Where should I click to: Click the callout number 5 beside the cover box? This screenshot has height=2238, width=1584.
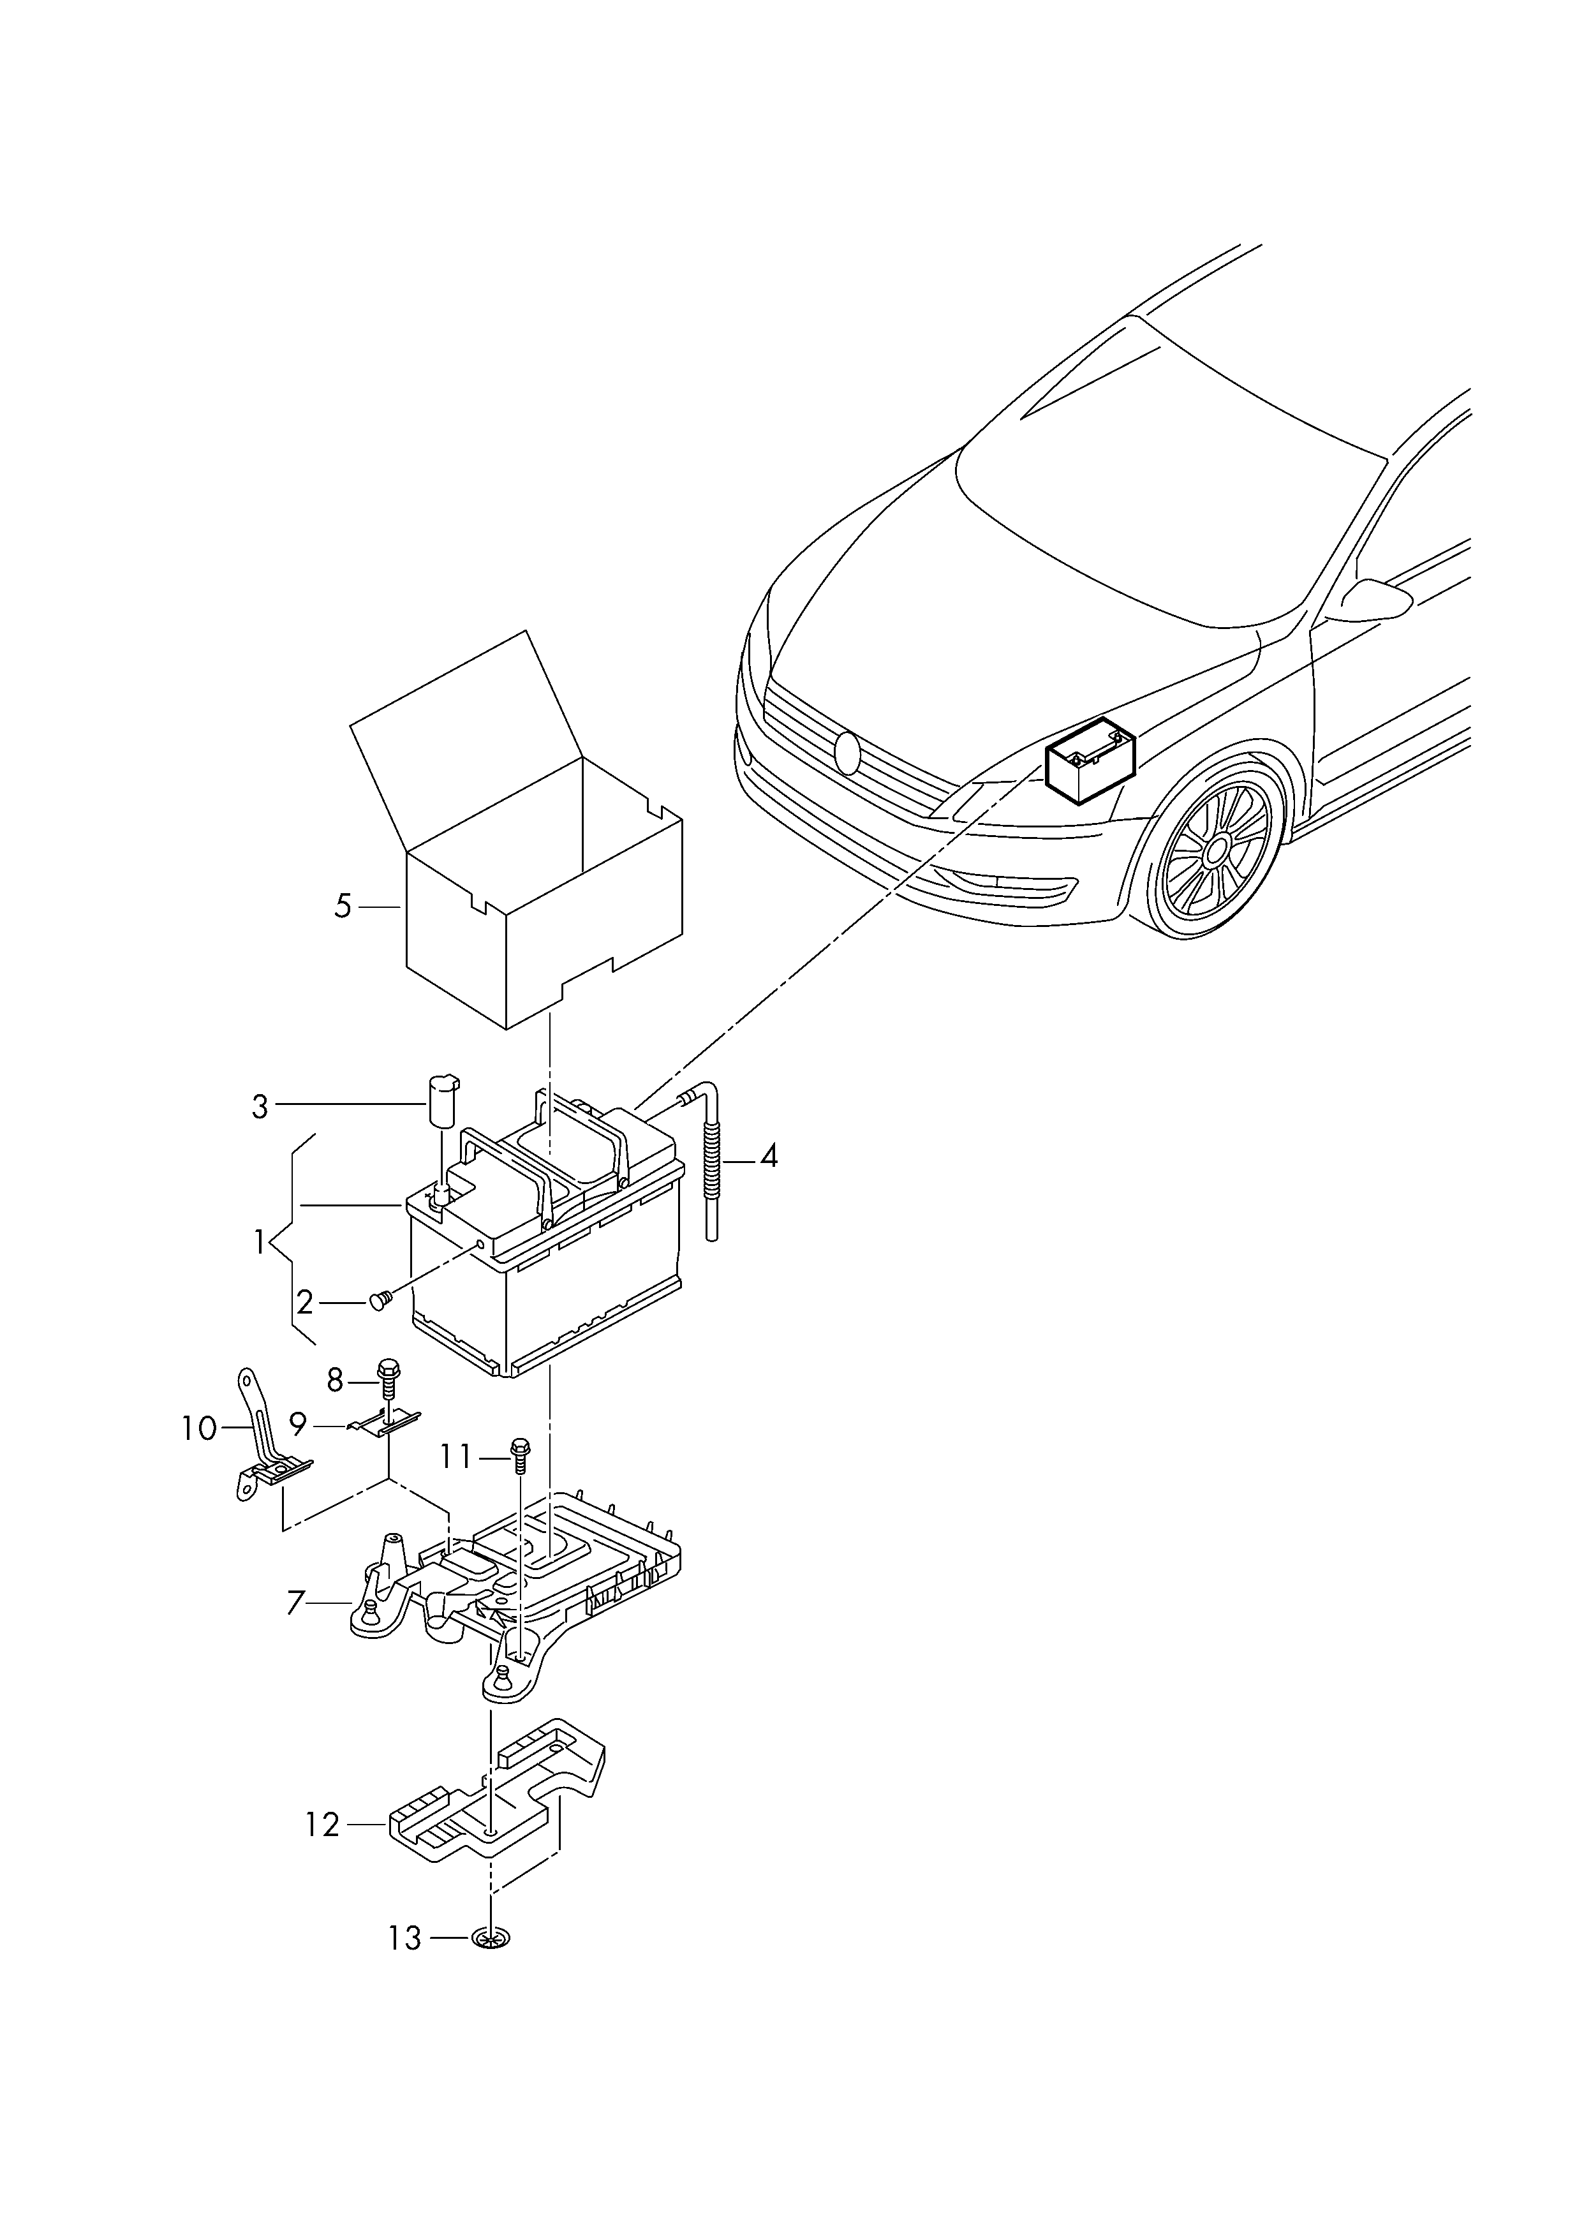click(343, 906)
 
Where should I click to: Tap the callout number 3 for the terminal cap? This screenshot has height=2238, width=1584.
click(260, 1107)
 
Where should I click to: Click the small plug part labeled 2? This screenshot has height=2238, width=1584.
click(380, 1300)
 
